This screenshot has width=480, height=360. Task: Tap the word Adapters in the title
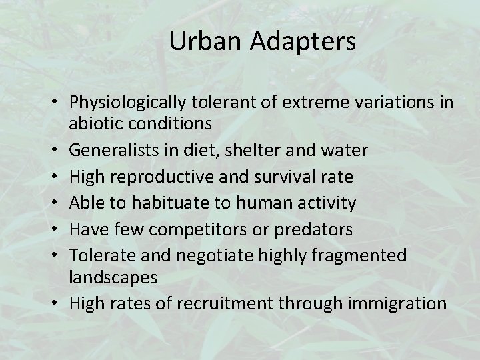pyautogui.click(x=304, y=41)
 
